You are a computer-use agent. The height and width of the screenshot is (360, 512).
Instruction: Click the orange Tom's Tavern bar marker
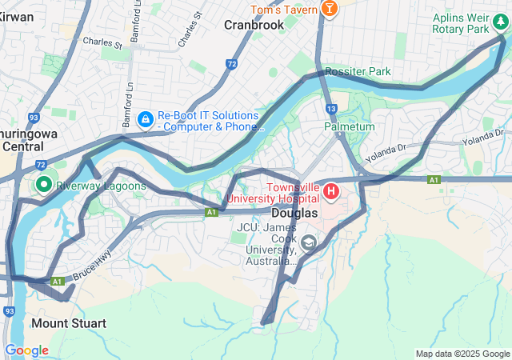329,8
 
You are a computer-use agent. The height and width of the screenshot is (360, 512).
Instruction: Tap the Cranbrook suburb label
254,25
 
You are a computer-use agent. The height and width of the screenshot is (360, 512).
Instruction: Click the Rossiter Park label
358,71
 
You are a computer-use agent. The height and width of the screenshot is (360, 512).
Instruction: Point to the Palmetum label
350,126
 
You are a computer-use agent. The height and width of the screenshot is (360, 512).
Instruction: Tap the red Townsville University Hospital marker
330,192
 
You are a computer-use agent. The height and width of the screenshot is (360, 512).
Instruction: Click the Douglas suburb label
294,214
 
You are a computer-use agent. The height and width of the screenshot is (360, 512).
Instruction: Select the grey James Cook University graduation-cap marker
308,242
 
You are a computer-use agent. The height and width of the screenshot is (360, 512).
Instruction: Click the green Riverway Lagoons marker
42,186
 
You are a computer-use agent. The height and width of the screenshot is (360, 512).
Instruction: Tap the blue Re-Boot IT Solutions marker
145,120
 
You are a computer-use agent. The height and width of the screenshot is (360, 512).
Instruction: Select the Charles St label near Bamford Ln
102,42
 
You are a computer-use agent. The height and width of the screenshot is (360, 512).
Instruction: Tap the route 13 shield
332,108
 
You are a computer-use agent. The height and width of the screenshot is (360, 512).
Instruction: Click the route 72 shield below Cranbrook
231,63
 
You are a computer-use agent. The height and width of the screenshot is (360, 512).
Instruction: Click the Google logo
26,350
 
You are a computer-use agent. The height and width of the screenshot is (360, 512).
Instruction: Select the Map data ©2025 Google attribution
462,354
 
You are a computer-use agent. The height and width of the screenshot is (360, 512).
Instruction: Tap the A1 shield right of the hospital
434,180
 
